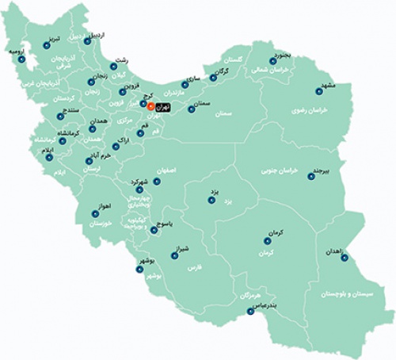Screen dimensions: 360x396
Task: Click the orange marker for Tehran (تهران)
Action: pos(151,104)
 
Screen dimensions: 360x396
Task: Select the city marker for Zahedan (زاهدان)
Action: pos(318,255)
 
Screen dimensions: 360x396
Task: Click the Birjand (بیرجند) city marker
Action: pos(310,176)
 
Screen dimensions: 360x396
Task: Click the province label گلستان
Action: pos(238,60)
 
